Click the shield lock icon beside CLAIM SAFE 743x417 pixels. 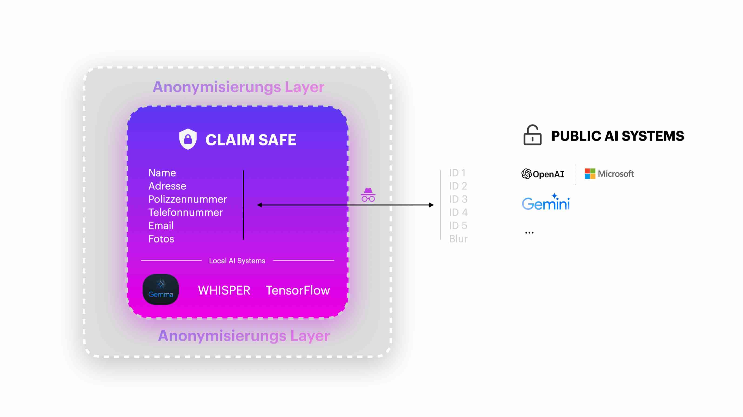[188, 139]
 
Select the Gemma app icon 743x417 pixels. [161, 289]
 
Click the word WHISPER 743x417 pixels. [224, 290]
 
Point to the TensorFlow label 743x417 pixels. [298, 290]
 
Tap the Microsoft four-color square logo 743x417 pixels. [590, 174]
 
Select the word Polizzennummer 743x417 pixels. [187, 199]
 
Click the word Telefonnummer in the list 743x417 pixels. [185, 212]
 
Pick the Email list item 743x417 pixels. [161, 226]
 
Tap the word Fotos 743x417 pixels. [161, 239]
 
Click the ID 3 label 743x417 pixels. [458, 199]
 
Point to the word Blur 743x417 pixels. [458, 239]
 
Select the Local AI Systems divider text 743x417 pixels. [237, 261]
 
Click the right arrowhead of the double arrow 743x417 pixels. [432, 205]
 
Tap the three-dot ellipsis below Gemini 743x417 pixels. [529, 233]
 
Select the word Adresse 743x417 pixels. [167, 186]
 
